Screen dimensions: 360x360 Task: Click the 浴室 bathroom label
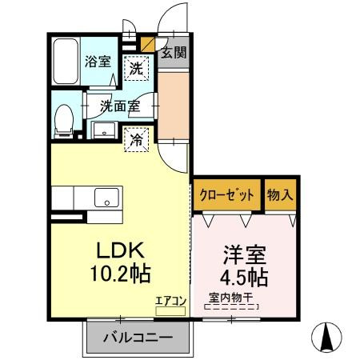point(99,61)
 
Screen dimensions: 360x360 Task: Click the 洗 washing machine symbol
point(138,69)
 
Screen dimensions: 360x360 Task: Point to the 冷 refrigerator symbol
point(137,138)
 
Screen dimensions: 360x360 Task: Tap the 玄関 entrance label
point(174,54)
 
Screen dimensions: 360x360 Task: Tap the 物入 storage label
point(281,194)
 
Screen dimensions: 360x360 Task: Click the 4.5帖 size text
point(244,279)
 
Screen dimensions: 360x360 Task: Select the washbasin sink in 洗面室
point(103,130)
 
